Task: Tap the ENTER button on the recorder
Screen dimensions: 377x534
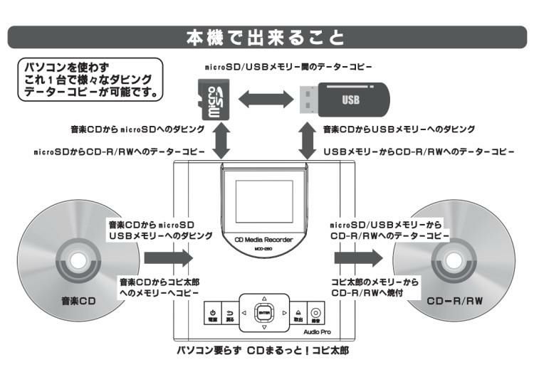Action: (x=264, y=312)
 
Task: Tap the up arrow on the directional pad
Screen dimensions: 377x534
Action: (x=264, y=297)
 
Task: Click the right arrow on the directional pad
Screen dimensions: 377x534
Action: (x=284, y=312)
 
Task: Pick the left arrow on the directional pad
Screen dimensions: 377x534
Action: (x=244, y=312)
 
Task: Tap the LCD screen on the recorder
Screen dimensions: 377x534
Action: (x=265, y=203)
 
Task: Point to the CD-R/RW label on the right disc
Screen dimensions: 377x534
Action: (x=454, y=301)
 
